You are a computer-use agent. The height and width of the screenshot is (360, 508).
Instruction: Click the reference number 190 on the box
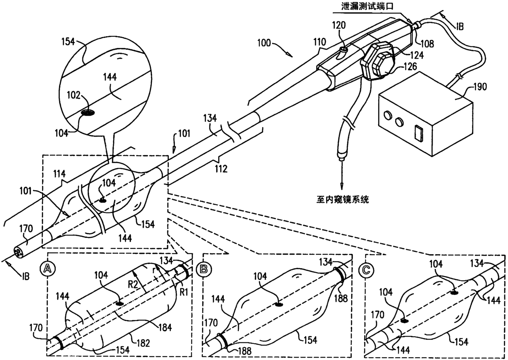pyautogui.click(x=479, y=87)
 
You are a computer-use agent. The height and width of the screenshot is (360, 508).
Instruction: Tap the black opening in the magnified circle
pyautogui.click(x=87, y=112)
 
